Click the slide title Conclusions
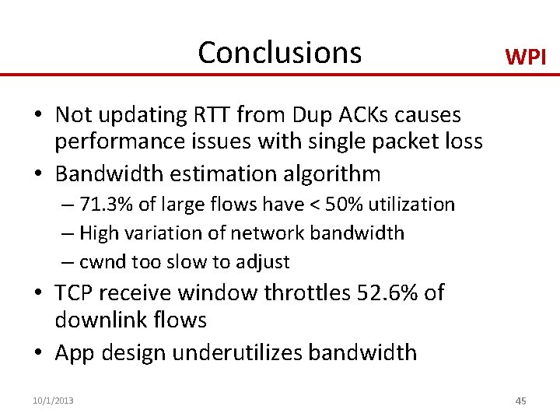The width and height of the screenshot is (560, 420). [279, 52]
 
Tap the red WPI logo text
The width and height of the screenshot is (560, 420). [526, 57]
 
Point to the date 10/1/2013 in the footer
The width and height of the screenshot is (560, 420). [53, 401]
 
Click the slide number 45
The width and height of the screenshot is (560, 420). [520, 401]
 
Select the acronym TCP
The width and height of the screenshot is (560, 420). [73, 292]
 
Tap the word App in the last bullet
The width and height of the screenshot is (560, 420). [75, 352]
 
